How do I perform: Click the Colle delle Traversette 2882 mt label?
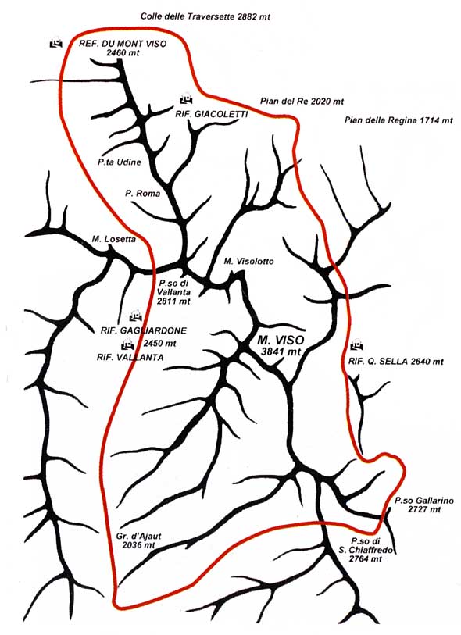click(205, 16)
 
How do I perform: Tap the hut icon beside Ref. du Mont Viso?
click(56, 43)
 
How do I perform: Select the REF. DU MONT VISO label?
click(123, 45)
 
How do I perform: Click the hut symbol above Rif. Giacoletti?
click(186, 99)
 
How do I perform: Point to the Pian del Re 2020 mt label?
click(302, 102)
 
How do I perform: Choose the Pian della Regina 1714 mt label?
click(398, 120)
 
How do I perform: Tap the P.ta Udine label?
click(119, 162)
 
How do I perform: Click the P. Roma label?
click(142, 194)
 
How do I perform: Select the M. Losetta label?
click(114, 239)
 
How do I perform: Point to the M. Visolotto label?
click(248, 261)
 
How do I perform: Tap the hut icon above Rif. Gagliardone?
click(136, 315)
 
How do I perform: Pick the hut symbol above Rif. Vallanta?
click(128, 345)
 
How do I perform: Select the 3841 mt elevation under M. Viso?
click(281, 351)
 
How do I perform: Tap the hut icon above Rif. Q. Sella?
click(356, 346)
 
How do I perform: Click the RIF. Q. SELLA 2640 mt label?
click(396, 361)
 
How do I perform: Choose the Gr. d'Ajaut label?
click(138, 536)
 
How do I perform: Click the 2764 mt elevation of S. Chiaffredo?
click(366, 559)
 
